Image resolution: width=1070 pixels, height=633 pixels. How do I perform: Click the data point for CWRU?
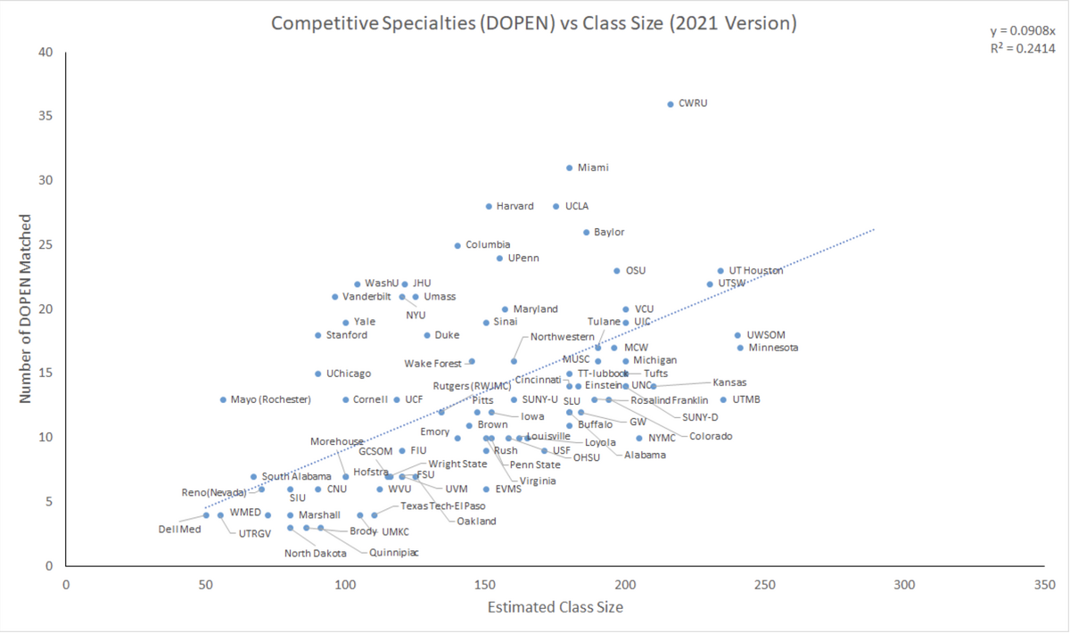[671, 104]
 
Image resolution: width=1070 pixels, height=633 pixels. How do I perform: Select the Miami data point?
[569, 168]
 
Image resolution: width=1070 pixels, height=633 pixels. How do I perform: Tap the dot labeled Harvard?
[489, 207]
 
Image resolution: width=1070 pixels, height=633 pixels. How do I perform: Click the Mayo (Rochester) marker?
[223, 400]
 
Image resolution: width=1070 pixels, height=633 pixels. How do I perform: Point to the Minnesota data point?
[740, 348]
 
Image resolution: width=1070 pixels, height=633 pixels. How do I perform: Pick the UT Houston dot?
[720, 271]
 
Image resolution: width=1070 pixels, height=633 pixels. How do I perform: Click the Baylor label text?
[609, 233]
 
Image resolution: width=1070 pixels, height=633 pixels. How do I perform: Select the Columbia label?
[488, 245]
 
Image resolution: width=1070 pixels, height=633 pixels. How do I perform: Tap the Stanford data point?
[317, 335]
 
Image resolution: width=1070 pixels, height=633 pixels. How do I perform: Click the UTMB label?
[746, 400]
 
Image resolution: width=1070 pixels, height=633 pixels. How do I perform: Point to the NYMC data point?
[639, 439]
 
